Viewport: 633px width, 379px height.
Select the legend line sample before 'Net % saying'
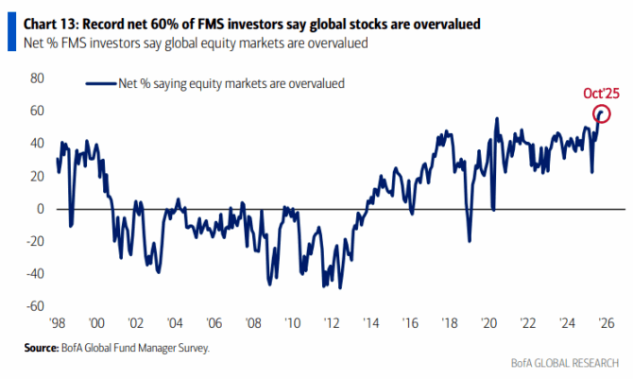click(98, 84)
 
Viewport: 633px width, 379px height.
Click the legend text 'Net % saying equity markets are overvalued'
click(228, 84)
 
